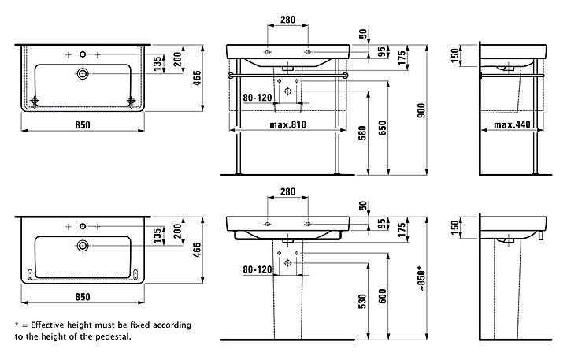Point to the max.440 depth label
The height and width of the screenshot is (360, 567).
(512, 124)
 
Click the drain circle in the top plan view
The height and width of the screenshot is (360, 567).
(82, 73)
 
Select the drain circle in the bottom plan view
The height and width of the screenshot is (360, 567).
(82, 247)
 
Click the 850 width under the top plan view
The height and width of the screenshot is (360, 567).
(82, 124)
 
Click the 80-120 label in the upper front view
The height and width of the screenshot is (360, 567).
(257, 98)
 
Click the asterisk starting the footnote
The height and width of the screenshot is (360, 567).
(17, 325)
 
